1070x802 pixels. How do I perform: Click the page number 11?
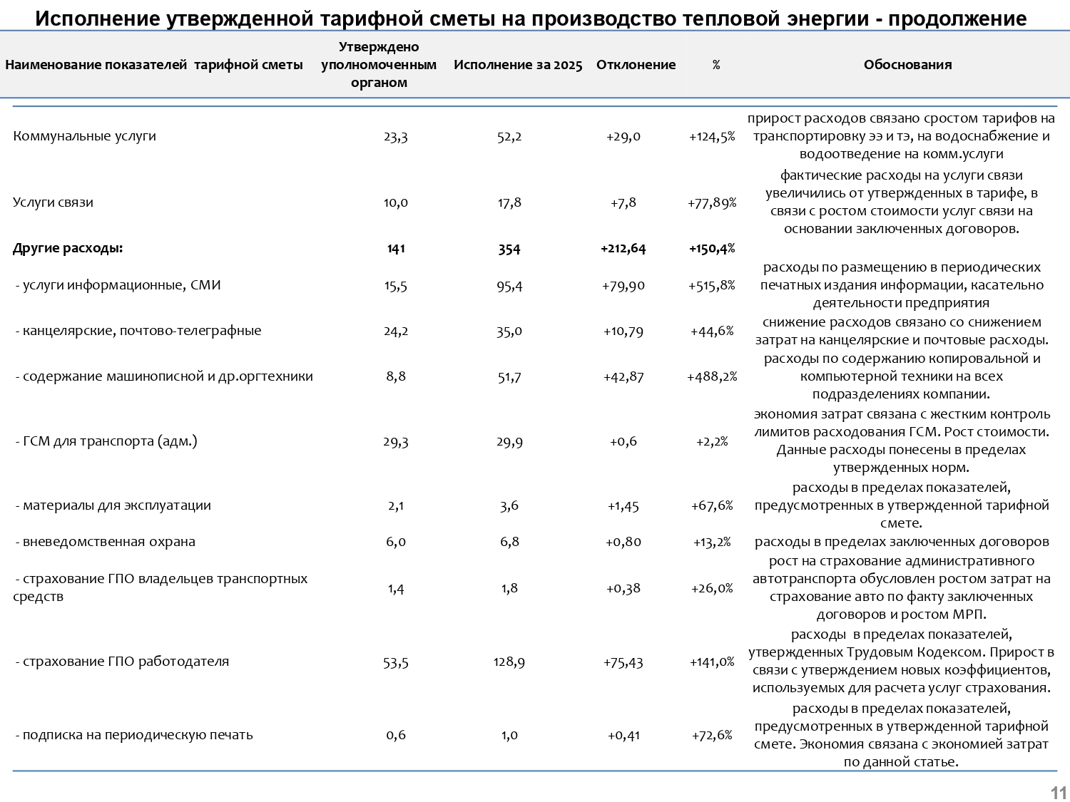1058,793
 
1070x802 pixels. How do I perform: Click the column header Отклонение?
636,65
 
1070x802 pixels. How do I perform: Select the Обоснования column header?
907,65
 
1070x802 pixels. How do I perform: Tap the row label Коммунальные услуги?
84,136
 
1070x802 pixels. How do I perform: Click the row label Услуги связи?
53,202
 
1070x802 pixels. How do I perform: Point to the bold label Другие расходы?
68,248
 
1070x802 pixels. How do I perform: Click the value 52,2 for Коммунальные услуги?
509,136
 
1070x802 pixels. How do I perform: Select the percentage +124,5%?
712,136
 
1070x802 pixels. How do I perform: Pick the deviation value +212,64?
623,248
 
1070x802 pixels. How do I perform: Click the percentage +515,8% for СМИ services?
712,285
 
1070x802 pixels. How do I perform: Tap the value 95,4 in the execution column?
509,285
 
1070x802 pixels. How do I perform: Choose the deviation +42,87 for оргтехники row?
623,376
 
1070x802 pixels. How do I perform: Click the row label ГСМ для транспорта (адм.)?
106,441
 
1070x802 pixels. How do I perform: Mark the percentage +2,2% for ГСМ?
712,441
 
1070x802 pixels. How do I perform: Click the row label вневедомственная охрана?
106,542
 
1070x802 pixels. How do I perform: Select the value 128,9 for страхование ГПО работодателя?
509,662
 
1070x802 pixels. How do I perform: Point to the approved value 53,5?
396,662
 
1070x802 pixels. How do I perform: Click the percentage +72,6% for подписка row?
712,735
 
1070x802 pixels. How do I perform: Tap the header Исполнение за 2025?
518,65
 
